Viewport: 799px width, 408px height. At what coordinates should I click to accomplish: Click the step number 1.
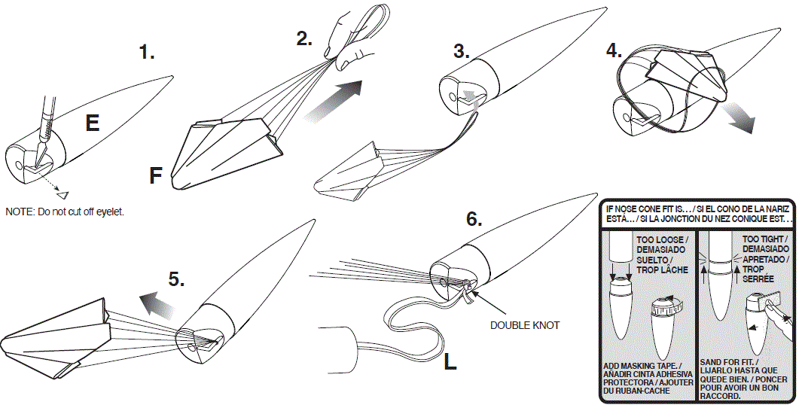coord(147,52)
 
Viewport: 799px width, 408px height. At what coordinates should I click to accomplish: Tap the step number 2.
coord(304,39)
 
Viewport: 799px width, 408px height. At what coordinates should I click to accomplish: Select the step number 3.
coord(462,51)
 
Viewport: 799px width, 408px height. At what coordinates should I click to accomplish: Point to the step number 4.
coord(614,50)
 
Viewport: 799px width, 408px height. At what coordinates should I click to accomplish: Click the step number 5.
coord(175,280)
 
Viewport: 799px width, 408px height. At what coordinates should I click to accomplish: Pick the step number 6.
coord(473,219)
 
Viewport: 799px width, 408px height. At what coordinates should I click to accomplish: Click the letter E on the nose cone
coord(92,123)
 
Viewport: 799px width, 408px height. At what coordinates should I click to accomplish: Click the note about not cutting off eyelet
coord(65,212)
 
